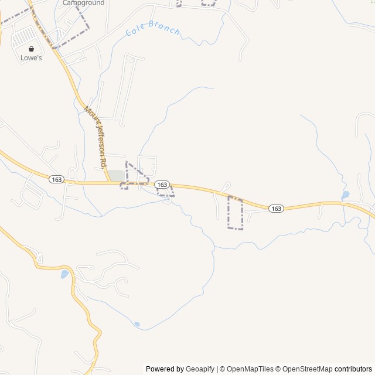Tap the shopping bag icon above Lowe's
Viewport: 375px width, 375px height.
click(x=31, y=49)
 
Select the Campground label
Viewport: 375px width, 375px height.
click(x=83, y=3)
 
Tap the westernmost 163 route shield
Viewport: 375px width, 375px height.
click(x=56, y=179)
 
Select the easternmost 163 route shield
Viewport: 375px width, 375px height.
click(x=276, y=209)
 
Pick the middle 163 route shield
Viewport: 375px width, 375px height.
click(x=162, y=185)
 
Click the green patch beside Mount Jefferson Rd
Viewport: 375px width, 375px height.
click(x=117, y=175)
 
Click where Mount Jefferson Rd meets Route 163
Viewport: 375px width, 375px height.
click(x=108, y=183)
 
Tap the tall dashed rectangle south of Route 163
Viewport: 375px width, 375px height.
click(x=235, y=213)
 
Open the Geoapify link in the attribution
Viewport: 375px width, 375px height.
click(x=200, y=369)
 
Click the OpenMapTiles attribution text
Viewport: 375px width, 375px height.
click(x=250, y=369)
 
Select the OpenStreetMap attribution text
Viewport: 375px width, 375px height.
click(x=308, y=369)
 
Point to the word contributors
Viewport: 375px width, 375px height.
click(x=353, y=369)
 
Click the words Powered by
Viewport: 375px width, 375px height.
click(x=165, y=369)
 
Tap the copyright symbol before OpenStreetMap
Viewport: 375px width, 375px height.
click(x=278, y=369)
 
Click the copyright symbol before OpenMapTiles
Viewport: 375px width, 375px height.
click(x=222, y=369)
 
